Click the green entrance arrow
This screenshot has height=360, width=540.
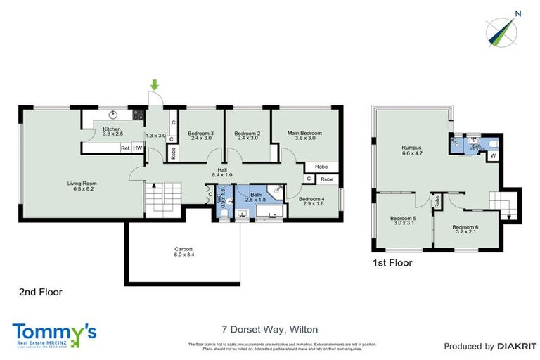[x=155, y=86]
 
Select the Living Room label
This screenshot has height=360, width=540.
[x=82, y=186]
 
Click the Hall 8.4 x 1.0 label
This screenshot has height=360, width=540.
[x=221, y=172]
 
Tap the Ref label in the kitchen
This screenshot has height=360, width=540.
[x=124, y=148]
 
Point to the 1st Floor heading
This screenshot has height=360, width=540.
[x=393, y=263]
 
